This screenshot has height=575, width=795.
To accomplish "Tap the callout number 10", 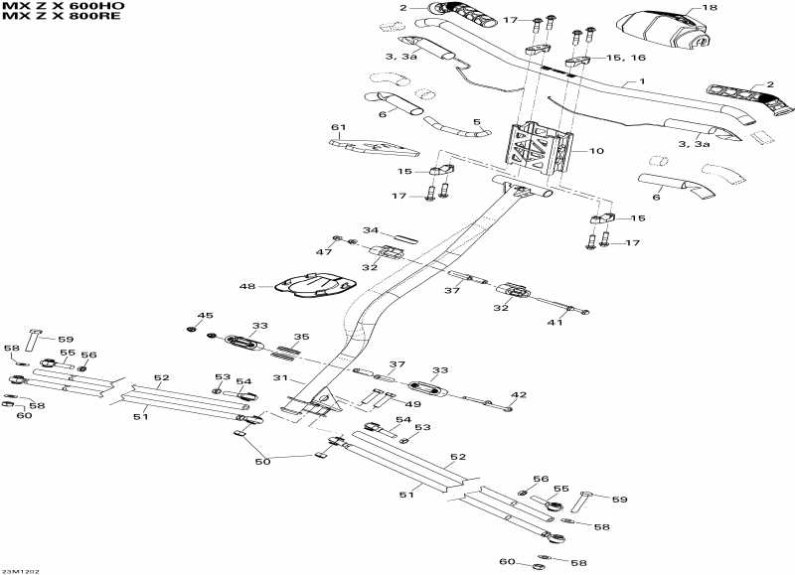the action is (x=597, y=151).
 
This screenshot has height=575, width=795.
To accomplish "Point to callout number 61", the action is (x=338, y=127).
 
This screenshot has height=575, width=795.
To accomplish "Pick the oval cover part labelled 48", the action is (x=314, y=285).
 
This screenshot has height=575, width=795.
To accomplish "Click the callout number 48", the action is (x=247, y=287).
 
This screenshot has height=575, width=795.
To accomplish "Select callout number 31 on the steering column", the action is (x=280, y=378).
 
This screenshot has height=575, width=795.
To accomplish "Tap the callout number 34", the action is (x=370, y=230).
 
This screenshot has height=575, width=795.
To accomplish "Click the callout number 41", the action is (x=556, y=322).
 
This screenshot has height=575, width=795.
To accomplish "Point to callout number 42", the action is (x=519, y=394).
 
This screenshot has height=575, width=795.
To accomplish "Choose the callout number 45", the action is (x=205, y=315).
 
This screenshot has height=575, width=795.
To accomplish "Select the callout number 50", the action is (x=262, y=462).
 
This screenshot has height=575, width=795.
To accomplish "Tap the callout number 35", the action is (x=302, y=337).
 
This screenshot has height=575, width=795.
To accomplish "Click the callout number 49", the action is (x=413, y=404).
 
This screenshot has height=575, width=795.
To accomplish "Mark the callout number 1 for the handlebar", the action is (x=641, y=81).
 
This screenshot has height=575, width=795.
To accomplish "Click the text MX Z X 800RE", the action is (x=62, y=16).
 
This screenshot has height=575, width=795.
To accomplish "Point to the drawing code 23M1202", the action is (x=20, y=571).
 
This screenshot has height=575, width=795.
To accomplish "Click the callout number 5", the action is (x=476, y=122).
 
